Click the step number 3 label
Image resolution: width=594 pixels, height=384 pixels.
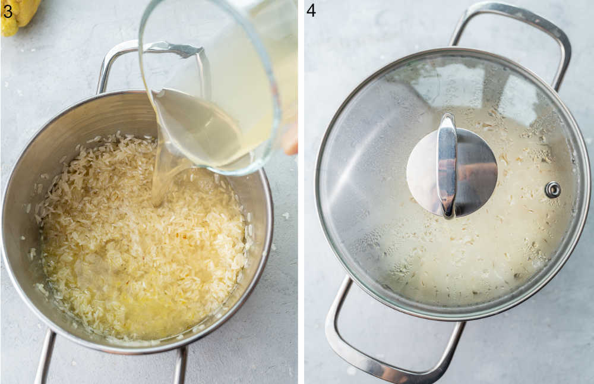click(8, 11)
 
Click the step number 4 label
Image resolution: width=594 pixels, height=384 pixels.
click(311, 10)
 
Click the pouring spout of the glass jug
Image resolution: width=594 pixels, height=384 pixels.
click(159, 95)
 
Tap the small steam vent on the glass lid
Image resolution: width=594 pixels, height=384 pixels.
click(552, 190)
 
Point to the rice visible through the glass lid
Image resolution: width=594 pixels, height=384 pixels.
click(475, 256)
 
